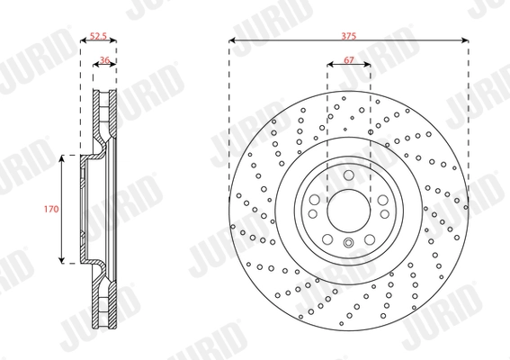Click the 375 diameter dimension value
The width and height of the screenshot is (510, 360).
(349, 35)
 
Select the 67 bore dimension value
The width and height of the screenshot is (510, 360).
(349, 59)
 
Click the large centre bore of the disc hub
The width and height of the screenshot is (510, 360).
(349, 210)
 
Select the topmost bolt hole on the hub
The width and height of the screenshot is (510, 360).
(349, 175)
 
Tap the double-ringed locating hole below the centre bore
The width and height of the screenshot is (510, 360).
(349, 245)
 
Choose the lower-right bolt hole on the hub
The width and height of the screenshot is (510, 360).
(379, 228)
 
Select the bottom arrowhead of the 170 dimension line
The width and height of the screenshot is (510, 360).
(63, 262)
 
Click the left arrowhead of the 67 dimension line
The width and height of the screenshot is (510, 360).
(329, 66)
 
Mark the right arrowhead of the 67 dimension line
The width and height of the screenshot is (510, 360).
(369, 66)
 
